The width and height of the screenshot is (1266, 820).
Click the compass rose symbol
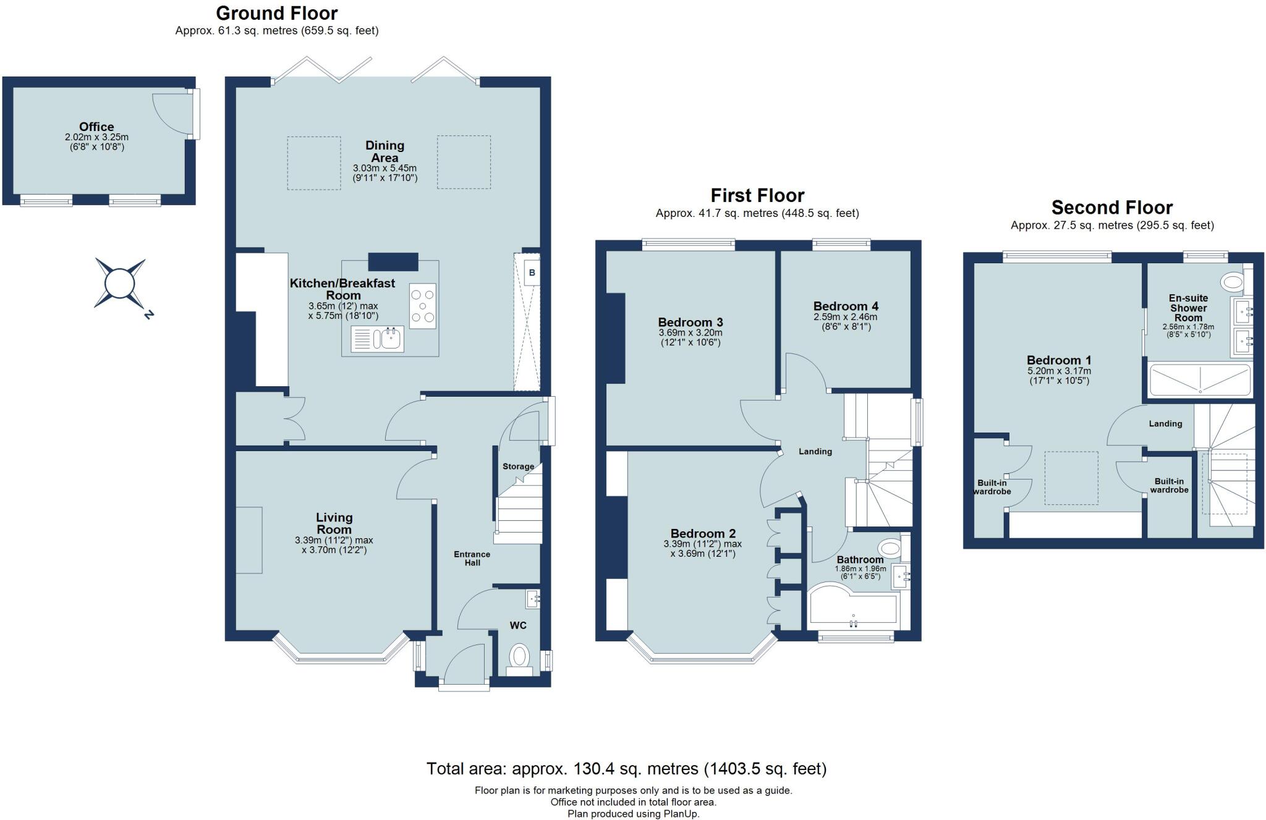point(120,284)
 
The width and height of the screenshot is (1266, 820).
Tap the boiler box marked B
point(532,273)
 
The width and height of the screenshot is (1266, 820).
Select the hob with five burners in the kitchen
point(423,306)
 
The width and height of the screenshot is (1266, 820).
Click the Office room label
point(96,127)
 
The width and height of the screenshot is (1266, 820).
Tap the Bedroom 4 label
point(845,306)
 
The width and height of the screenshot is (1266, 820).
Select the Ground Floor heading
point(276,13)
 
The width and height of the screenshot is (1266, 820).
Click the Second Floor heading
point(1111,207)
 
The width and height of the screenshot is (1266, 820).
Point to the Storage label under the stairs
point(518,467)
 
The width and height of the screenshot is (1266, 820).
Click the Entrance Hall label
point(472,558)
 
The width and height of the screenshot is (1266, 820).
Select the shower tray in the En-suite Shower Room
point(1199,379)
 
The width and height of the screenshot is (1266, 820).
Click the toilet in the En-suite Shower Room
point(1232,282)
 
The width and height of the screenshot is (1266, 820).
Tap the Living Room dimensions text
point(334,544)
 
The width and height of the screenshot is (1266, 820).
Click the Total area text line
point(626,769)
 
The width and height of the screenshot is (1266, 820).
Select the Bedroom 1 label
point(1059,360)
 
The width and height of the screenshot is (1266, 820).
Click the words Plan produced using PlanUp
point(633,814)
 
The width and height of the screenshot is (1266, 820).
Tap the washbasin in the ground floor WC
point(533,598)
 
